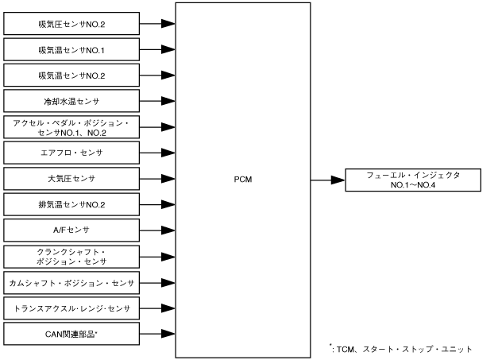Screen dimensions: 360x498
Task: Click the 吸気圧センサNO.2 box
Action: point(72,24)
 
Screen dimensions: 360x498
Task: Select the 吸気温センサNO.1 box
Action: point(72,50)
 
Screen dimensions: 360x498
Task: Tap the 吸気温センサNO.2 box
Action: point(72,75)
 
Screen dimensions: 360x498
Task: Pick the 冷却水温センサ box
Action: point(72,101)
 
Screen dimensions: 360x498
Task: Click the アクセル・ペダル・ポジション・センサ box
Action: point(72,126)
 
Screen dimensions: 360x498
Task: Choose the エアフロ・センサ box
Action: point(72,152)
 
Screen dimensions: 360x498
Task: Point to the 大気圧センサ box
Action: point(72,179)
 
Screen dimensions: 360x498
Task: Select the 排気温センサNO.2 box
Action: point(72,204)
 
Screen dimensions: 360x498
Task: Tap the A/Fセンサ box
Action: point(72,230)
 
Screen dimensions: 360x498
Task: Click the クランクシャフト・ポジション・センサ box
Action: point(72,256)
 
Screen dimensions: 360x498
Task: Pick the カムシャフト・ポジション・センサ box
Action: point(72,282)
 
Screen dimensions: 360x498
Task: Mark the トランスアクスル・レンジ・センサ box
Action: point(72,308)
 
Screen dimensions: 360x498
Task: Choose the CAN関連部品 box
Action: point(72,333)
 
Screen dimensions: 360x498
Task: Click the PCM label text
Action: point(242,179)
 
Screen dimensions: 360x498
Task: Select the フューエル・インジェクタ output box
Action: point(414,179)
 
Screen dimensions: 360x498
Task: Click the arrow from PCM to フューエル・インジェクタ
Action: point(327,179)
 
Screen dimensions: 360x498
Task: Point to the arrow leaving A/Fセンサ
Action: point(159,230)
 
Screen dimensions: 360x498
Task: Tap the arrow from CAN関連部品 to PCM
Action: point(159,333)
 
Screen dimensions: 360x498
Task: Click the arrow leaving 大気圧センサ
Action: point(159,179)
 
